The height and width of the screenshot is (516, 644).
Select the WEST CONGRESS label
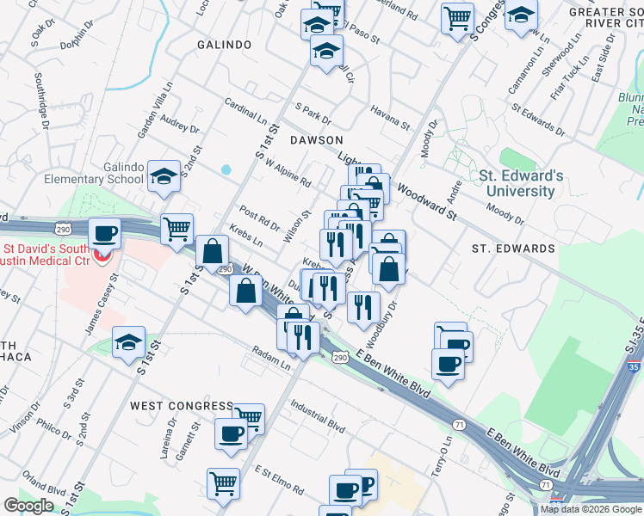(182, 405)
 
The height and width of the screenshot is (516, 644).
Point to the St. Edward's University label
(517, 183)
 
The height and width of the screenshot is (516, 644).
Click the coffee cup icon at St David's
(105, 234)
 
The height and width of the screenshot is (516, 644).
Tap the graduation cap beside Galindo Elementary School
(164, 176)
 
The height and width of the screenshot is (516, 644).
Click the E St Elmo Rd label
(280, 480)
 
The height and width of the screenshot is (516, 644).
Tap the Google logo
(28, 506)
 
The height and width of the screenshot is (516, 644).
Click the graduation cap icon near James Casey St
(128, 342)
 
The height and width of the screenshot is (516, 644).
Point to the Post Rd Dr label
(260, 218)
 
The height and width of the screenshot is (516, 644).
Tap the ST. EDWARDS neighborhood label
(514, 249)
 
